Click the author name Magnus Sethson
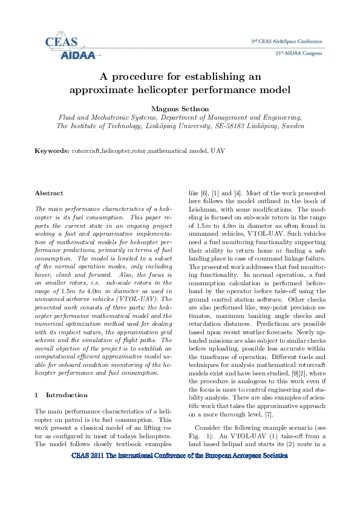(x=180, y=108)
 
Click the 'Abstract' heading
(x=49, y=193)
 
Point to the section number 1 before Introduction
(x=37, y=395)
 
